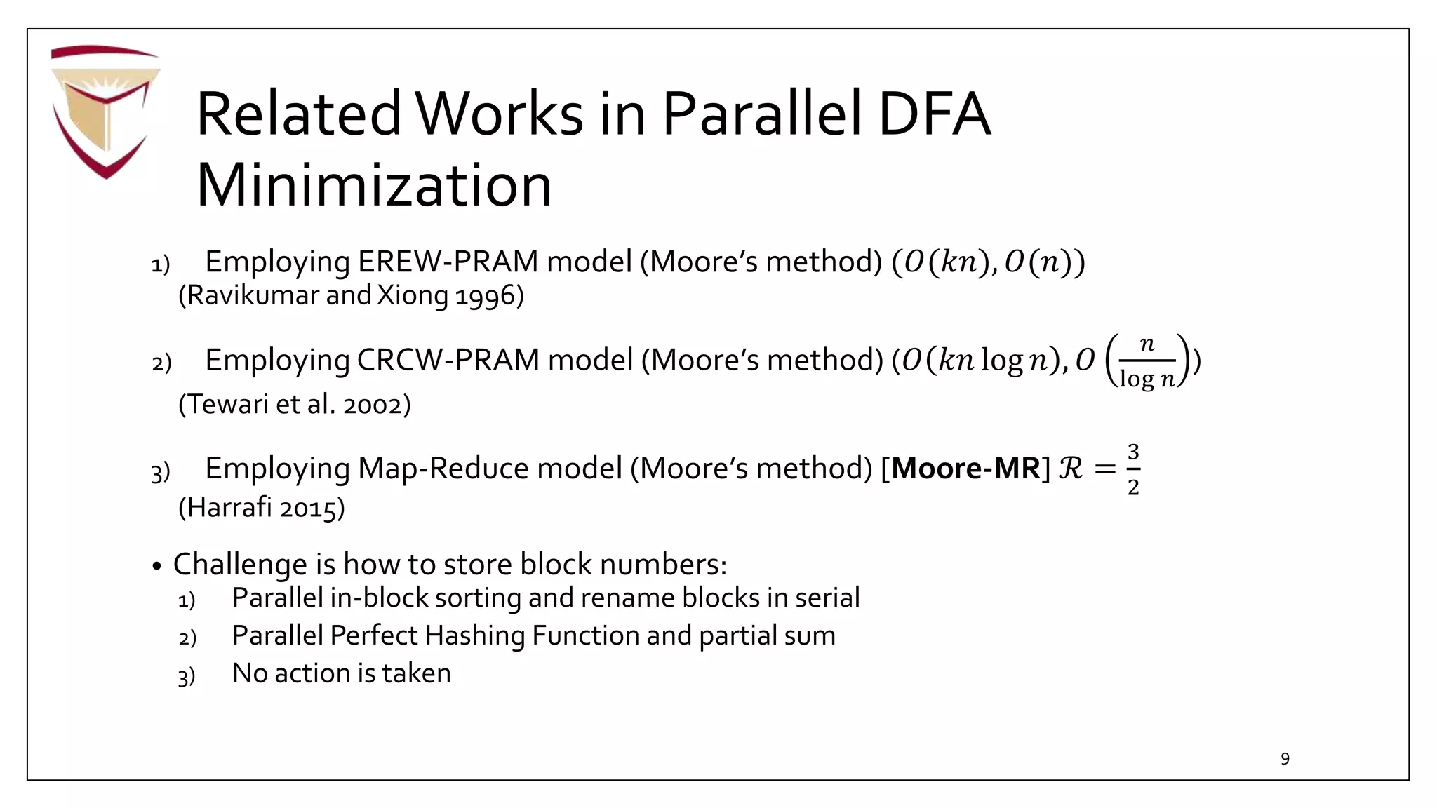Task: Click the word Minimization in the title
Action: (374, 185)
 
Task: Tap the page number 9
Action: (1285, 758)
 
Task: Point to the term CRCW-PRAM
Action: (448, 360)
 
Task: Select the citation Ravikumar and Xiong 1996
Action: (351, 295)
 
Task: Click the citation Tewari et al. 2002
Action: (295, 404)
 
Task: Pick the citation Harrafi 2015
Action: (262, 507)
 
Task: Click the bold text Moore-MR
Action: (966, 469)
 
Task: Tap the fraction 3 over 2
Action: (1132, 469)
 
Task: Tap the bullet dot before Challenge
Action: (156, 566)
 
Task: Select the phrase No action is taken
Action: (341, 673)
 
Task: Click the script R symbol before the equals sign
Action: (1070, 469)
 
